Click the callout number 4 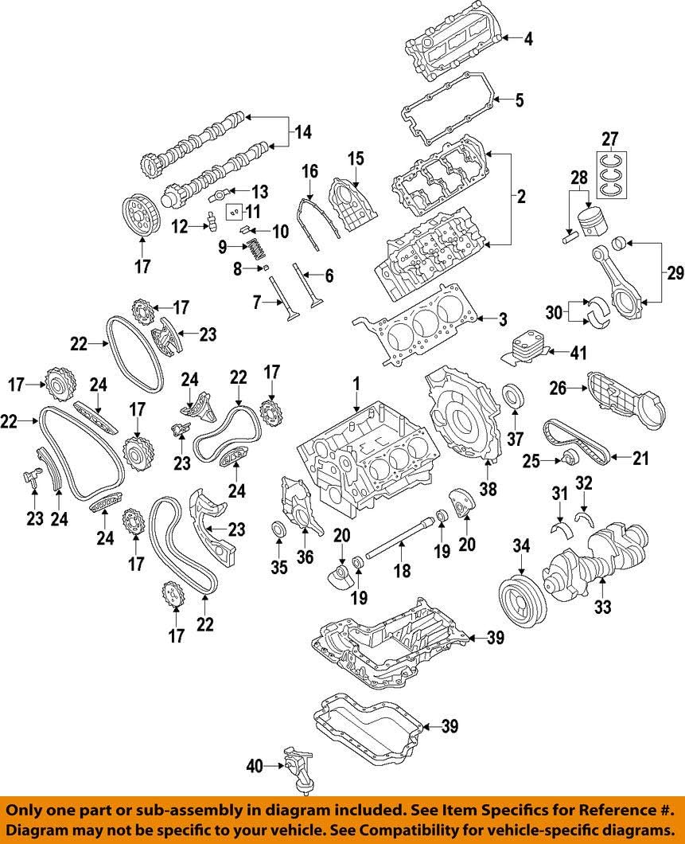pos(527,37)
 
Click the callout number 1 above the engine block pos(356,384)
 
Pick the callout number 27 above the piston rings pos(609,139)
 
